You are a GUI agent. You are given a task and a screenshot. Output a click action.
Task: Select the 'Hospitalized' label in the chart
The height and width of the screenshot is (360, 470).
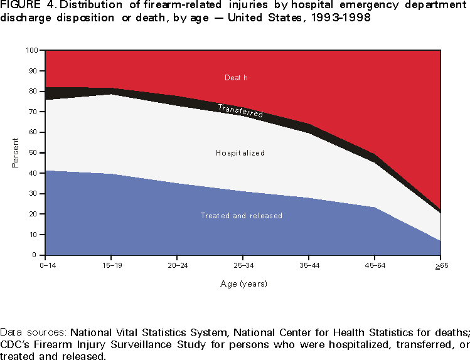coord(240,153)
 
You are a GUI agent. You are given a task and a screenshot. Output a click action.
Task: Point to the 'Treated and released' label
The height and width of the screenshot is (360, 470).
coord(242,216)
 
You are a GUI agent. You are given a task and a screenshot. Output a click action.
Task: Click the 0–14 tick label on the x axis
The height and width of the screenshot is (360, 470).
coord(46,265)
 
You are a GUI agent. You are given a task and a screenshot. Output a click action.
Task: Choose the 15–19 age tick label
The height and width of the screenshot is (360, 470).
coord(111,265)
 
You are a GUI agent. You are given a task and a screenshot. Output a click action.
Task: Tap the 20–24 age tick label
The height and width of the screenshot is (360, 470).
coord(178,265)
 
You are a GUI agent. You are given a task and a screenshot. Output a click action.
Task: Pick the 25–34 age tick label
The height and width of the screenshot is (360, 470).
coord(243,265)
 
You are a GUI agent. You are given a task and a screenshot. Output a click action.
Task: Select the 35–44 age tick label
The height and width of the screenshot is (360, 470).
coord(309,265)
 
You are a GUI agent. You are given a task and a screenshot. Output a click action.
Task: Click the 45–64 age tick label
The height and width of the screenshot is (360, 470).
coord(375,265)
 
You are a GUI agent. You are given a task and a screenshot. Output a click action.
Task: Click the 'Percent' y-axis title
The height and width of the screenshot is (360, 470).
coord(14,153)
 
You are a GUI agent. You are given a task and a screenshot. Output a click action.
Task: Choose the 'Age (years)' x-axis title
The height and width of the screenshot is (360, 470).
coord(243,284)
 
